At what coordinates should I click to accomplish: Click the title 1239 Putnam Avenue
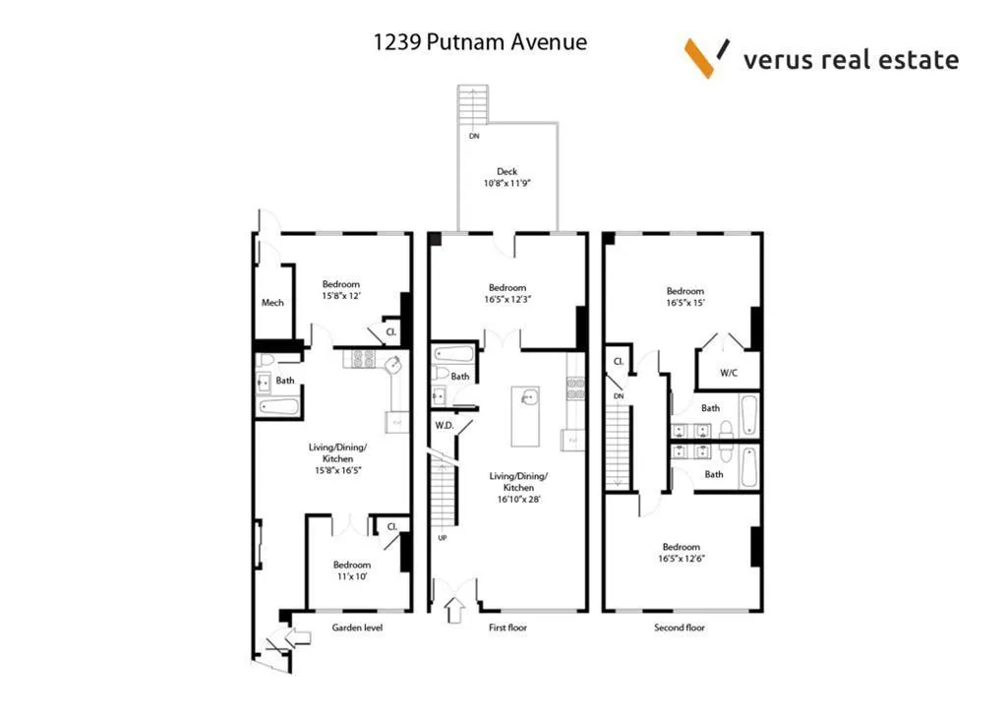tap(480, 42)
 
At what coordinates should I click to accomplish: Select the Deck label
tap(506, 172)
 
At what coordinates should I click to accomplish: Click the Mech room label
tap(272, 302)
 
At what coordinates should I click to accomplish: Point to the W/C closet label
tap(729, 373)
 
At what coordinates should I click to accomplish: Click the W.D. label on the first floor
tap(444, 425)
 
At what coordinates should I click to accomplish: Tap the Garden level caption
tap(357, 627)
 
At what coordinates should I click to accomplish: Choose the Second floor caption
tap(680, 627)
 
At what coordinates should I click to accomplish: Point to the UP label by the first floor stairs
tap(443, 538)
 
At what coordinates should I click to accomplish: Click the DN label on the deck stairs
tap(474, 137)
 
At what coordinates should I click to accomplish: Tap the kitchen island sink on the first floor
tap(528, 399)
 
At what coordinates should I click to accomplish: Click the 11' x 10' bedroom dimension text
tap(351, 577)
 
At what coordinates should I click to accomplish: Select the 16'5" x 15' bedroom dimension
tap(684, 304)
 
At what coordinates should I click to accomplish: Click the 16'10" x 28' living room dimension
tap(518, 500)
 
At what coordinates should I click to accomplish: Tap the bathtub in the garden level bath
tap(279, 405)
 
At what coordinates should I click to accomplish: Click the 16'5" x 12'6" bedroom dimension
tap(681, 560)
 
